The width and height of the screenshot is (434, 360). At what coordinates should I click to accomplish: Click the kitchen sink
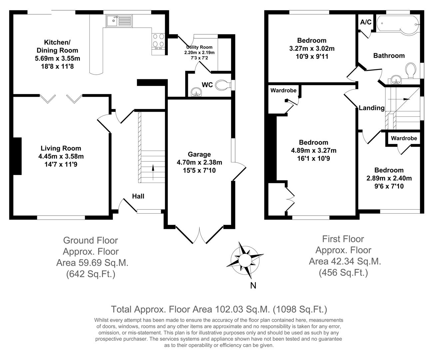tap(119, 21)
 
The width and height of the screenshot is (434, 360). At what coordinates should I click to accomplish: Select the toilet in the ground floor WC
tap(222, 85)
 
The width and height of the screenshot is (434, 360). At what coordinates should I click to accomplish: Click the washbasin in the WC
tap(197, 91)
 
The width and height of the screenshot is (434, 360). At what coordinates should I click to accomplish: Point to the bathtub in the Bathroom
tap(397, 24)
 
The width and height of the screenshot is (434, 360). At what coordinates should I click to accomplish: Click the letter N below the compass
tap(253, 285)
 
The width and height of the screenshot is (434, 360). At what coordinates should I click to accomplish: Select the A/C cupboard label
tap(365, 22)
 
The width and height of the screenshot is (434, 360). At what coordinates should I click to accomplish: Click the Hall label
tap(138, 196)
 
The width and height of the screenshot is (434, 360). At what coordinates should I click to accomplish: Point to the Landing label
tap(372, 108)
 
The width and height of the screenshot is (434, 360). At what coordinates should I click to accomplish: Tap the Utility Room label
tap(199, 47)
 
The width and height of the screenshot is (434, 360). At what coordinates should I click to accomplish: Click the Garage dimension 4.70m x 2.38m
tap(199, 162)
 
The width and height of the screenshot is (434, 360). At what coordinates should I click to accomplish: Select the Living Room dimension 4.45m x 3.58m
tap(61, 156)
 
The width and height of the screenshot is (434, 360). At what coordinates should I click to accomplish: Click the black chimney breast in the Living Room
tap(17, 156)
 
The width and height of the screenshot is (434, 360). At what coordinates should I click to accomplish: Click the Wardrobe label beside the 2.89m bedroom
tap(404, 138)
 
